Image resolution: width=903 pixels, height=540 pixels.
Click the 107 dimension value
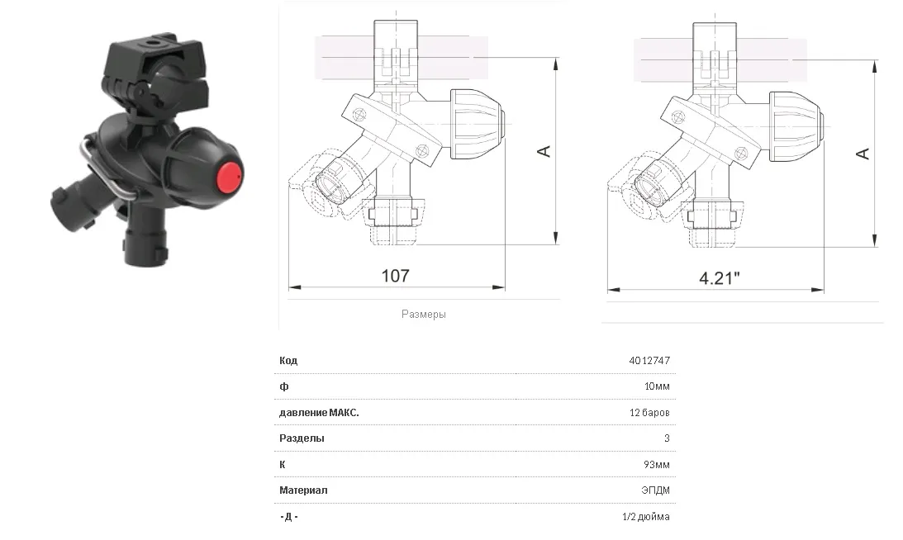point(396,276)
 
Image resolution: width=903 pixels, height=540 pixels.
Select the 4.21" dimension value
point(720,278)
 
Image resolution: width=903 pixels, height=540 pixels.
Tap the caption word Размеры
point(423,315)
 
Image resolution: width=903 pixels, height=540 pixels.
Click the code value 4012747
point(649,360)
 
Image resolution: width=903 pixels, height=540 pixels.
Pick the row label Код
point(288,360)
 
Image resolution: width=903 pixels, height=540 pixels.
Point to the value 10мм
point(657,386)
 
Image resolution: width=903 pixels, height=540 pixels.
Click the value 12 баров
point(649,413)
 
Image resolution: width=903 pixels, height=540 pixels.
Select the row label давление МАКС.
point(319,413)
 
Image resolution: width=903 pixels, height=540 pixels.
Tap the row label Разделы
point(302,438)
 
